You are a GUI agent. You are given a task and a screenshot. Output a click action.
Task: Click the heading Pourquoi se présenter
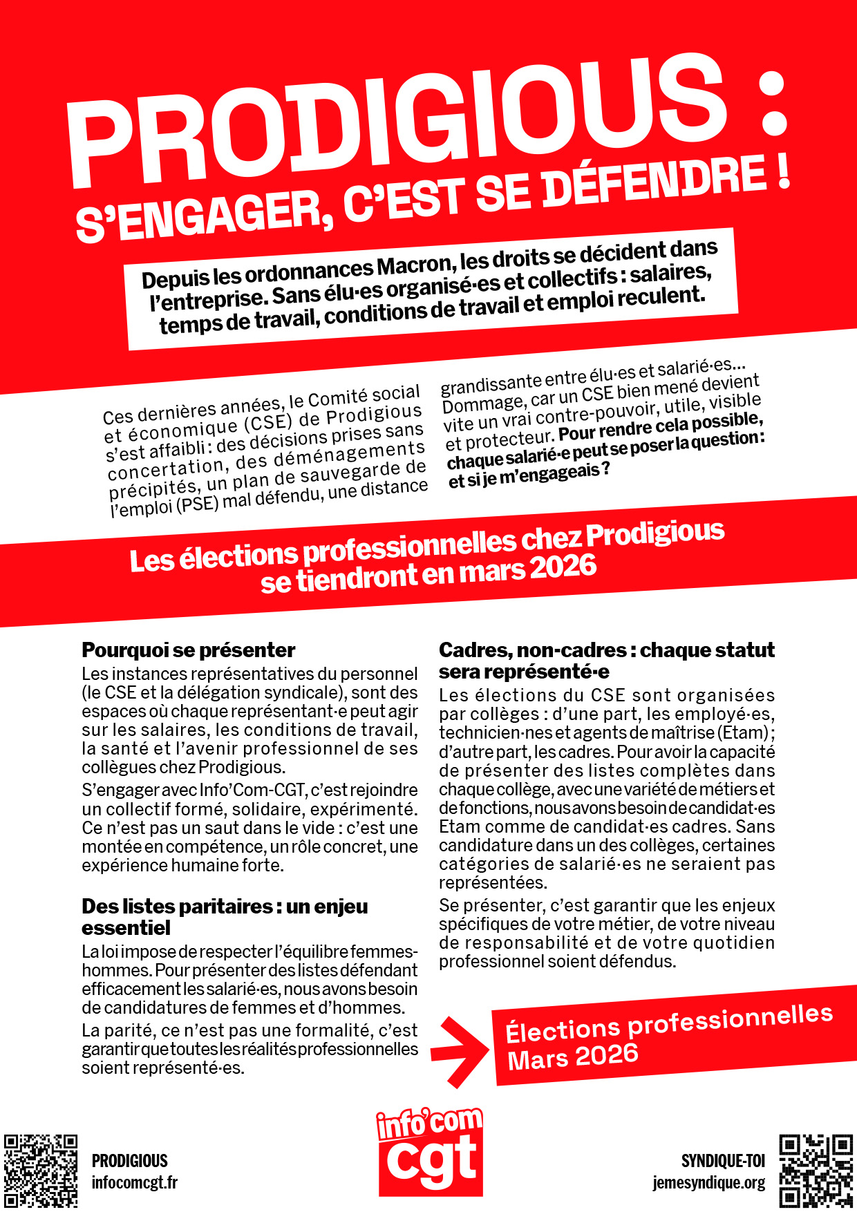(188, 650)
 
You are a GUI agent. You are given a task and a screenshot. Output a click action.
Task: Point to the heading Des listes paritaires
(225, 906)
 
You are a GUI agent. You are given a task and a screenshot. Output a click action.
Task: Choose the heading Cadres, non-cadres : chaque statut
(606, 650)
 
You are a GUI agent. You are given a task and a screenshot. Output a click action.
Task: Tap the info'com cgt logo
(430, 1150)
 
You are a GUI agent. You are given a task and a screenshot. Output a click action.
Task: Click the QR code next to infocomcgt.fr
(40, 1171)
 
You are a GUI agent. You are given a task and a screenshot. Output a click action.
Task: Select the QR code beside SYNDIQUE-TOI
(816, 1171)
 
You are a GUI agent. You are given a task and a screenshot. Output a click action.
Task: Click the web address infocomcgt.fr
(135, 1183)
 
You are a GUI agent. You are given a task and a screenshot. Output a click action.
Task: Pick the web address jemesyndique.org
(708, 1183)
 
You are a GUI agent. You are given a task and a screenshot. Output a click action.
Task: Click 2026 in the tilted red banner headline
(563, 568)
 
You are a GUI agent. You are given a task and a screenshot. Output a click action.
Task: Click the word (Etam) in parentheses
(744, 733)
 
